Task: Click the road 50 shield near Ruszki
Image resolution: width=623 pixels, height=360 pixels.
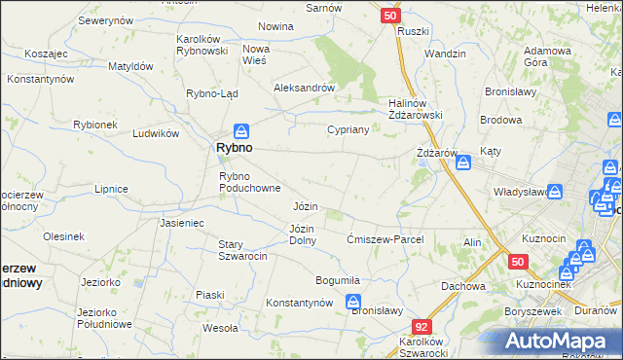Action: click(x=389, y=16)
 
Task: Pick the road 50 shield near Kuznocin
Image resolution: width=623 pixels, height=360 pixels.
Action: click(x=517, y=262)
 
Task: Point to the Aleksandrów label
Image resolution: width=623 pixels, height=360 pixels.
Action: click(x=304, y=87)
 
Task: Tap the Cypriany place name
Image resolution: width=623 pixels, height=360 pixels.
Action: click(x=348, y=129)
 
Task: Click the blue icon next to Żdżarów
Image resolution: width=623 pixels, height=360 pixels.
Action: click(x=463, y=162)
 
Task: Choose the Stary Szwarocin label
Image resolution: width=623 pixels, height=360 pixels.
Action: click(x=242, y=249)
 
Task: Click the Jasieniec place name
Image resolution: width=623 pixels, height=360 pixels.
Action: click(x=181, y=222)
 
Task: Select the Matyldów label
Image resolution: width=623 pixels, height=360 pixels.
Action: click(x=129, y=66)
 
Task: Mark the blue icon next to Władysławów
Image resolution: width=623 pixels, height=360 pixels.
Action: click(x=556, y=193)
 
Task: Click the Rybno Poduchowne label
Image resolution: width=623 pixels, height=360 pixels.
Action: click(x=250, y=182)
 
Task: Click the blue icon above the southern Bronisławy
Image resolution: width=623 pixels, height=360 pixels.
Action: click(x=354, y=303)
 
